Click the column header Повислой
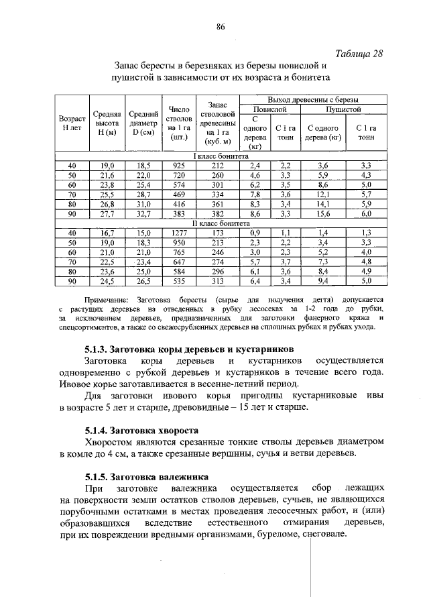pos(269,109)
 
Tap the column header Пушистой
pos(343,109)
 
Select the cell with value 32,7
pos(143,214)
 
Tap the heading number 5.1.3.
pos(98,349)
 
